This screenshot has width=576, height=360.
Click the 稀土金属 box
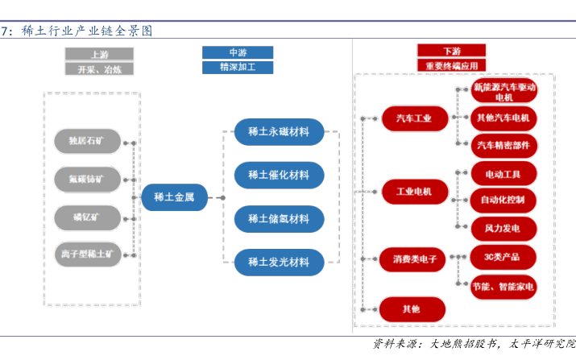click(x=174, y=197)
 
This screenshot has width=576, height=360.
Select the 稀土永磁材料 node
click(x=279, y=132)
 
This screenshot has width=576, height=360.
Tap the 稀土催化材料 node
click(x=279, y=175)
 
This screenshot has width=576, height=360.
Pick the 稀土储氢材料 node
click(x=279, y=218)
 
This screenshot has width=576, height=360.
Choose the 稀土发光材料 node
click(x=279, y=262)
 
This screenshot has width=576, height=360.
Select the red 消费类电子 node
click(x=413, y=259)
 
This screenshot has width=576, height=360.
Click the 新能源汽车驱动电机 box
click(x=503, y=91)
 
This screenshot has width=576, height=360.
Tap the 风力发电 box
click(x=503, y=228)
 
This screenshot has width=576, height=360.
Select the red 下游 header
click(x=451, y=52)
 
